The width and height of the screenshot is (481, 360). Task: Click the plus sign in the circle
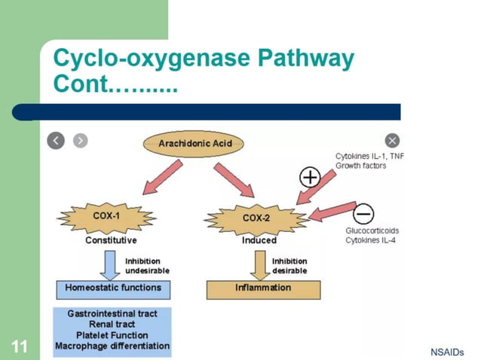coord(310,178)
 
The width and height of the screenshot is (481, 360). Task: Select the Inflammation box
coord(263,288)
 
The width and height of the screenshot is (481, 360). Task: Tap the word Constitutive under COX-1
coord(111,240)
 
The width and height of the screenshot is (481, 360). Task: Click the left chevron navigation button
coord(56,140)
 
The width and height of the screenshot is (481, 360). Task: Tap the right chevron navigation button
coord(80,140)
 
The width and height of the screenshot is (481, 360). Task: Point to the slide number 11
coord(20,346)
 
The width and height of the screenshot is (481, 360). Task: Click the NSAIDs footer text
coord(447,352)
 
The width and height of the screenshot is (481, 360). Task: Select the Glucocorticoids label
coord(372,230)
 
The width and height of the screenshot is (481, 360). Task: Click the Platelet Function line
coord(112,335)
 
